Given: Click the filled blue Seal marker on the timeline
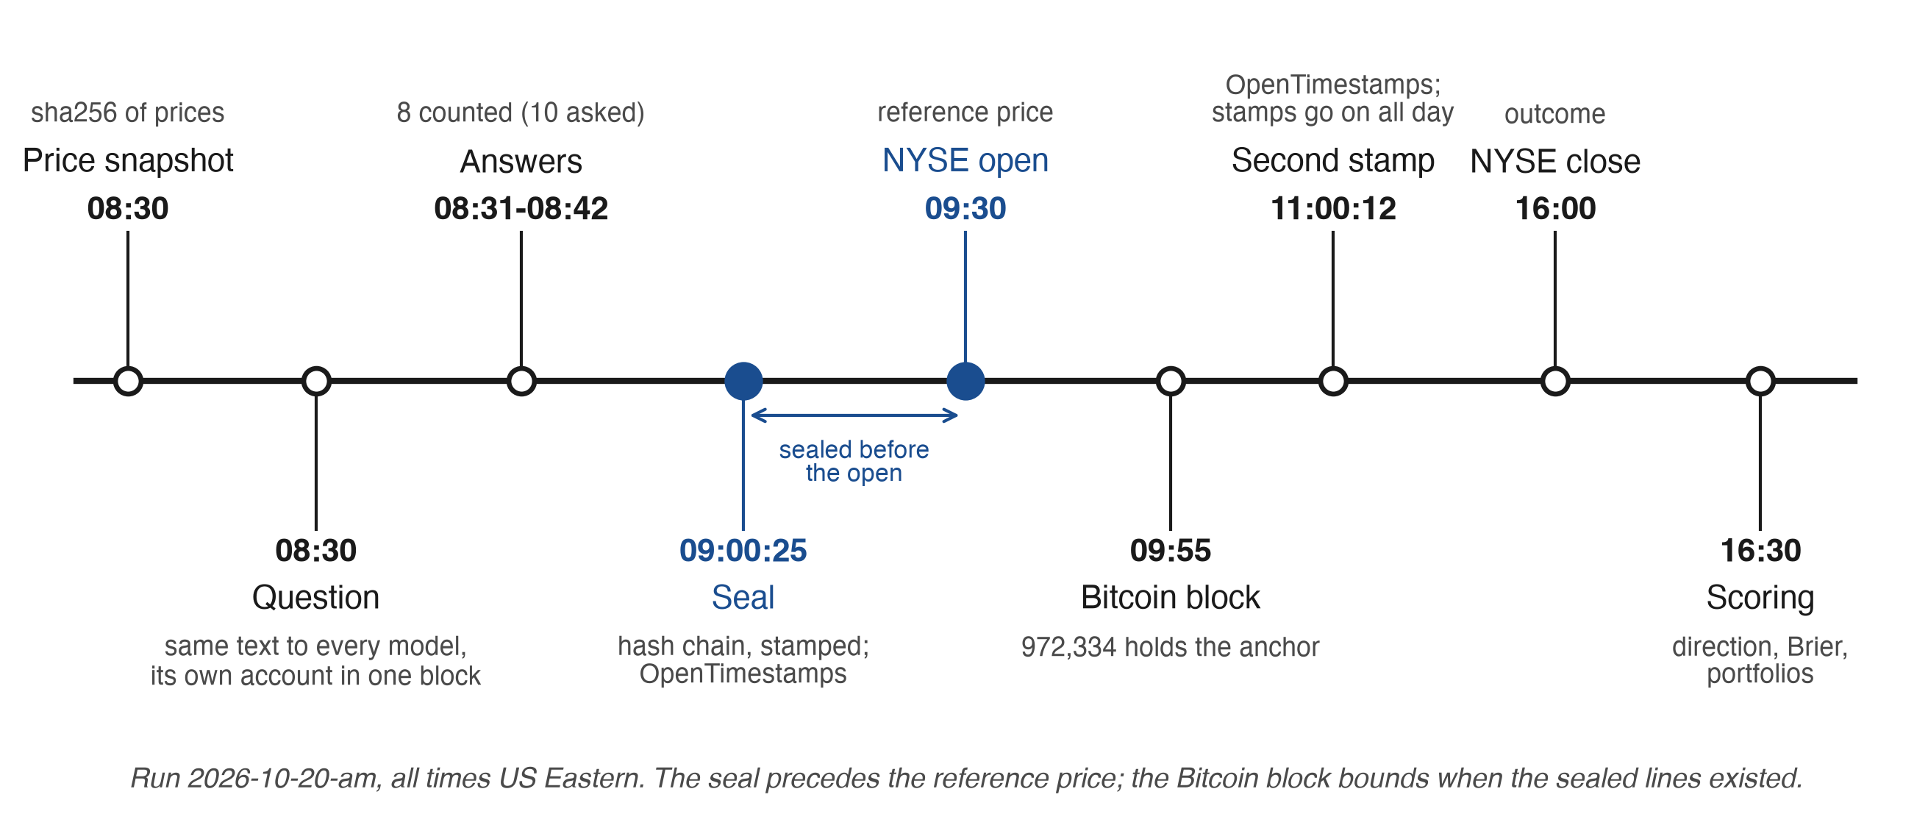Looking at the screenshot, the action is tap(743, 381).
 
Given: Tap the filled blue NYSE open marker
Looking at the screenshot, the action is tap(965, 381).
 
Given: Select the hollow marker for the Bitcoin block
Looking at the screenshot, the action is tap(1171, 381).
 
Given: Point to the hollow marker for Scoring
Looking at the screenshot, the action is tap(1760, 381).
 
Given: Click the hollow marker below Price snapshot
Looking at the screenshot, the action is tap(128, 381).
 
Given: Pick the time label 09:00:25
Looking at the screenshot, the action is tap(743, 550).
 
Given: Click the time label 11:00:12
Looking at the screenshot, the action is tap(1333, 208).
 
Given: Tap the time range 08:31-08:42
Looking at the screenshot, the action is tap(521, 208).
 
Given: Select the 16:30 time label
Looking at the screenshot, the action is tap(1760, 550).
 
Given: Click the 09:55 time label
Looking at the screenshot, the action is tap(1171, 550).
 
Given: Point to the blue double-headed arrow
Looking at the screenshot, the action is tap(854, 415).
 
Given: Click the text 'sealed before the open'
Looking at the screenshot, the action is tap(854, 461).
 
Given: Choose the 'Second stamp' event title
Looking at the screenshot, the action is tap(1333, 160).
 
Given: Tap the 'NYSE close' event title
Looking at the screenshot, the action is tap(1555, 161).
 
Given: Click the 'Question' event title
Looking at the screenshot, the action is tap(316, 597).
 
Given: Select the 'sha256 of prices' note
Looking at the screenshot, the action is tap(127, 113).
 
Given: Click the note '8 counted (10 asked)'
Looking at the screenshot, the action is tap(521, 113).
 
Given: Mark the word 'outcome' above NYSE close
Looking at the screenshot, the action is tap(1555, 114).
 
